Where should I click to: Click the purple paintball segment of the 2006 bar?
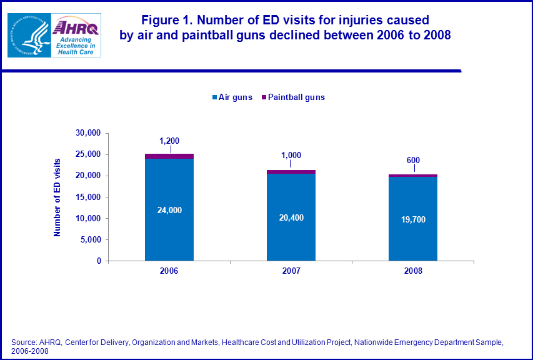[x=169, y=156]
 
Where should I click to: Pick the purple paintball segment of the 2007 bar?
[x=291, y=172]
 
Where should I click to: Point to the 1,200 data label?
[x=169, y=141]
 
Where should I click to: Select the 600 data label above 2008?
[x=412, y=161]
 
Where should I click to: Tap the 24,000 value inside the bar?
[x=169, y=211]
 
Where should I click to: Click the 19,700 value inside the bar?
[x=412, y=220]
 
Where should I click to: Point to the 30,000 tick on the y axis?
[x=87, y=133]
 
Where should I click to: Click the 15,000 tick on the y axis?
[x=87, y=197]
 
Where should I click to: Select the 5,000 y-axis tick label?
[x=90, y=239]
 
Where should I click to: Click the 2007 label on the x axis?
[x=291, y=271]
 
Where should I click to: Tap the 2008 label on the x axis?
[x=412, y=271]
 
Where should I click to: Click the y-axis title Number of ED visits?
[x=57, y=197]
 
